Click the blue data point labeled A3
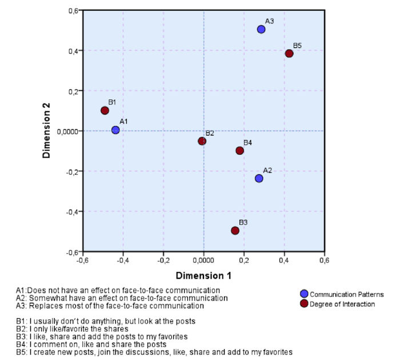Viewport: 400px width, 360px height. pos(261,29)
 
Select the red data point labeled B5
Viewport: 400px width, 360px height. pos(289,54)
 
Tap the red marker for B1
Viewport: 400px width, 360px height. pos(105,110)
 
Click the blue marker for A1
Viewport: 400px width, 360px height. pos(115,130)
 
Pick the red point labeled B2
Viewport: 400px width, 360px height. pos(202,141)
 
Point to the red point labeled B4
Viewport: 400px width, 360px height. pos(240,151)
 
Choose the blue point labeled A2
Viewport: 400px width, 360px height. pos(259,178)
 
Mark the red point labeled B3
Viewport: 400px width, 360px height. pos(235,231)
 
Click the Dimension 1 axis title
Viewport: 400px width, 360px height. pos(203,276)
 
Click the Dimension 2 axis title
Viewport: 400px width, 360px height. pos(48,131)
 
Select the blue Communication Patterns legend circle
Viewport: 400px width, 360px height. pos(304,294)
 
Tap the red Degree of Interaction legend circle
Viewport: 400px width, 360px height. pos(304,303)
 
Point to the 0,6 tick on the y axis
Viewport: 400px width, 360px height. pos(72,11)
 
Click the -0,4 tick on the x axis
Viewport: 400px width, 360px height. pos(123,260)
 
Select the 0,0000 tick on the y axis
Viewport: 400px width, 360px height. pos(67,131)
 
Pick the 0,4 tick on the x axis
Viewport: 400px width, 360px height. pos(284,260)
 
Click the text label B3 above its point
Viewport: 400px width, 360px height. pos(243,222)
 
